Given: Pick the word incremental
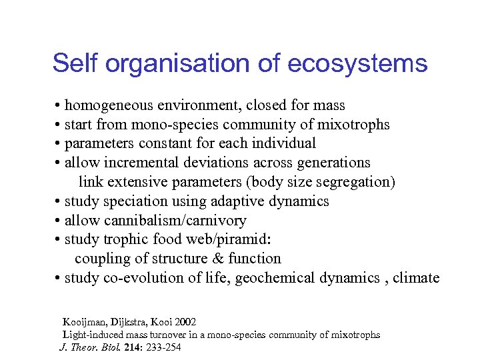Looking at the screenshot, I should [x=142, y=163].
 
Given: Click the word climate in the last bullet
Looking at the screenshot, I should [x=416, y=278].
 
